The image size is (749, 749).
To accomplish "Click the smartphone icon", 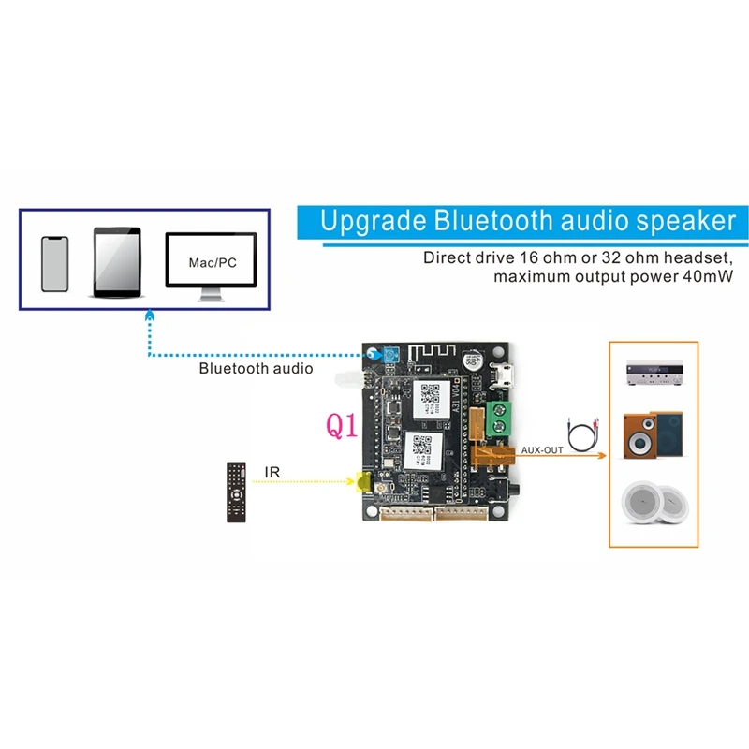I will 55,264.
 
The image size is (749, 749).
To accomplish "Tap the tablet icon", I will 117,262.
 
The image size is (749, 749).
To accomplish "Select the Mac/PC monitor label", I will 213,264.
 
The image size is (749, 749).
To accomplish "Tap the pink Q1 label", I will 342,426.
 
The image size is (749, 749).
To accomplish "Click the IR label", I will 272,473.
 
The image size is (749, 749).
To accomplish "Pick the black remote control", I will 236,492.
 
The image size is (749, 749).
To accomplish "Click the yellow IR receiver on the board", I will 361,482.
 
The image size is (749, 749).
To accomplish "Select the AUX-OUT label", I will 542,450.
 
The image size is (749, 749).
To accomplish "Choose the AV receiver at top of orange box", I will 653,374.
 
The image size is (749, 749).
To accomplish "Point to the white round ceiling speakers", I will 653,503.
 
